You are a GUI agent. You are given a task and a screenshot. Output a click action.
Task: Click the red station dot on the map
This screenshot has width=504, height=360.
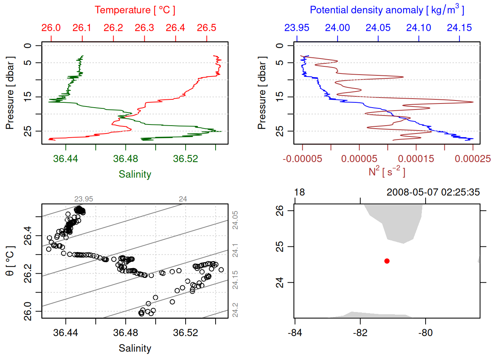pyautogui.click(x=387, y=261)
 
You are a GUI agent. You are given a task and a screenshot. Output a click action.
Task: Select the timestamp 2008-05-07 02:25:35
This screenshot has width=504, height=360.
pyautogui.click(x=433, y=192)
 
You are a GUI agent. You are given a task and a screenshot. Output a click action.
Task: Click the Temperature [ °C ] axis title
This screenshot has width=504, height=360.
pyautogui.click(x=135, y=10)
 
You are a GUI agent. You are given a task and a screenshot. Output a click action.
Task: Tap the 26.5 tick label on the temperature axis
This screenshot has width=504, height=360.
pyautogui.click(x=207, y=28)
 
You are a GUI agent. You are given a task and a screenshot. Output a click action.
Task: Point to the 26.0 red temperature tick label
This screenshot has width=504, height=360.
pyautogui.click(x=51, y=28)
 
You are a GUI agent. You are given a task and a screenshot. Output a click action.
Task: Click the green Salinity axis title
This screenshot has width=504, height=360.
pyautogui.click(x=135, y=174)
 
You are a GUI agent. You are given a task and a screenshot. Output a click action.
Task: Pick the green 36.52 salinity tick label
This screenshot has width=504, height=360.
pyautogui.click(x=185, y=159)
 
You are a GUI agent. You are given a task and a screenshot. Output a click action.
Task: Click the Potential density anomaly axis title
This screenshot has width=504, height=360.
pyautogui.click(x=387, y=10)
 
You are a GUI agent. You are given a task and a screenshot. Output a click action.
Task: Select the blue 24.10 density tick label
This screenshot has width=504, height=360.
pyautogui.click(x=418, y=28)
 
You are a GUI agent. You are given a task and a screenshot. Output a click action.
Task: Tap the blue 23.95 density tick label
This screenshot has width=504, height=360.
pyautogui.click(x=297, y=28)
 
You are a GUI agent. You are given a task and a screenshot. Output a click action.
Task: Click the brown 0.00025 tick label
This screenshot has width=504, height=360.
pyautogui.click(x=472, y=159)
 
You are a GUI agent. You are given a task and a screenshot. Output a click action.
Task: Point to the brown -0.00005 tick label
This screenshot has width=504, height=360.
pyautogui.click(x=302, y=159)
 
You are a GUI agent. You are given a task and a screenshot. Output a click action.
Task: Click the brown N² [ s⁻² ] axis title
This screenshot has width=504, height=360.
pyautogui.click(x=387, y=171)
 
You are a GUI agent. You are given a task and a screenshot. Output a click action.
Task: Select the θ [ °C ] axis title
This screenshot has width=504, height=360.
pyautogui.click(x=10, y=261)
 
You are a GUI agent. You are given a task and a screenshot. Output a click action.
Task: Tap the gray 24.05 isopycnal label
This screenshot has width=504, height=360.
pyautogui.click(x=235, y=220)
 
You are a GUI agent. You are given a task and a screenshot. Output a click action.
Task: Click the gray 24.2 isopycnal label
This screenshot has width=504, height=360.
pyautogui.click(x=235, y=310)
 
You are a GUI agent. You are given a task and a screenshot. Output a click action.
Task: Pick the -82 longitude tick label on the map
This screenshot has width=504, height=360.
pyautogui.click(x=360, y=333)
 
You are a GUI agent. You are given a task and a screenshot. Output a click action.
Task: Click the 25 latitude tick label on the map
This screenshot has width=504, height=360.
pyautogui.click(x=280, y=246)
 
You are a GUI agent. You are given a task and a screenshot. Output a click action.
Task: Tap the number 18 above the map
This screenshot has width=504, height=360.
pyautogui.click(x=299, y=192)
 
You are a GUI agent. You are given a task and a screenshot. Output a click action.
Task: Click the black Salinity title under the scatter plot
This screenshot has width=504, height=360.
pyautogui.click(x=135, y=348)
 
